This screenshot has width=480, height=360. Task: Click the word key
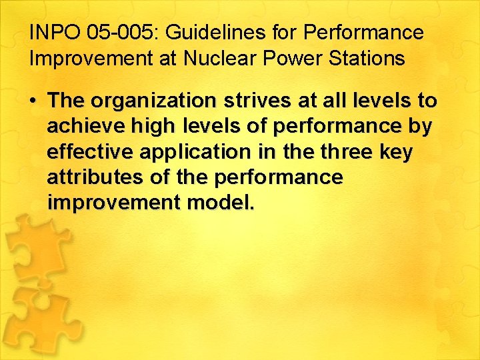(x=398, y=153)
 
